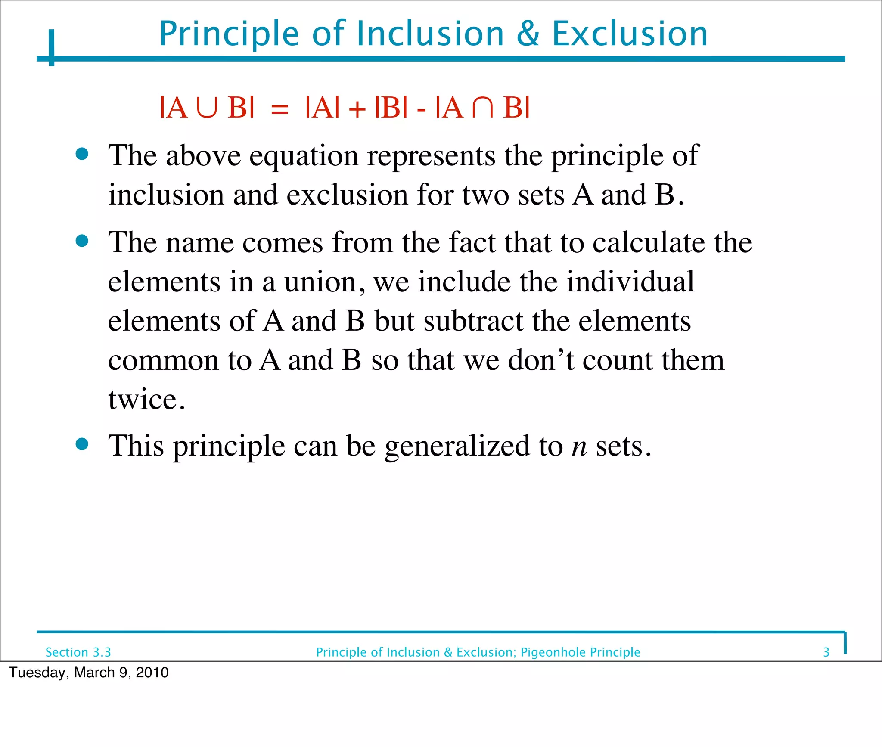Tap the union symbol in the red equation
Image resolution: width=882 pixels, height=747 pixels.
point(207,108)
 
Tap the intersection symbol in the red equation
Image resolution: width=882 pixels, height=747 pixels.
point(483,108)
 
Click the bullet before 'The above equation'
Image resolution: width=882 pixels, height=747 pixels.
point(82,154)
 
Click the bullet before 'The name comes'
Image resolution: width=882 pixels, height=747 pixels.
point(82,241)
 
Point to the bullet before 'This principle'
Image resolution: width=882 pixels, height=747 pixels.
point(82,444)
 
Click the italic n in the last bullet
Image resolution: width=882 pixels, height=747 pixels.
point(579,446)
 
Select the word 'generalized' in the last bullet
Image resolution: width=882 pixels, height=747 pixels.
point(457,446)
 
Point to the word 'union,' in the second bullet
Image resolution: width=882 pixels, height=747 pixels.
point(325,282)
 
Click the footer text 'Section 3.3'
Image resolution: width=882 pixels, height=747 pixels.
point(78,652)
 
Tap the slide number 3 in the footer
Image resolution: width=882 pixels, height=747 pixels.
point(826,652)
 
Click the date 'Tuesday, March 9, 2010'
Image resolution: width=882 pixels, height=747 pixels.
point(89,673)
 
